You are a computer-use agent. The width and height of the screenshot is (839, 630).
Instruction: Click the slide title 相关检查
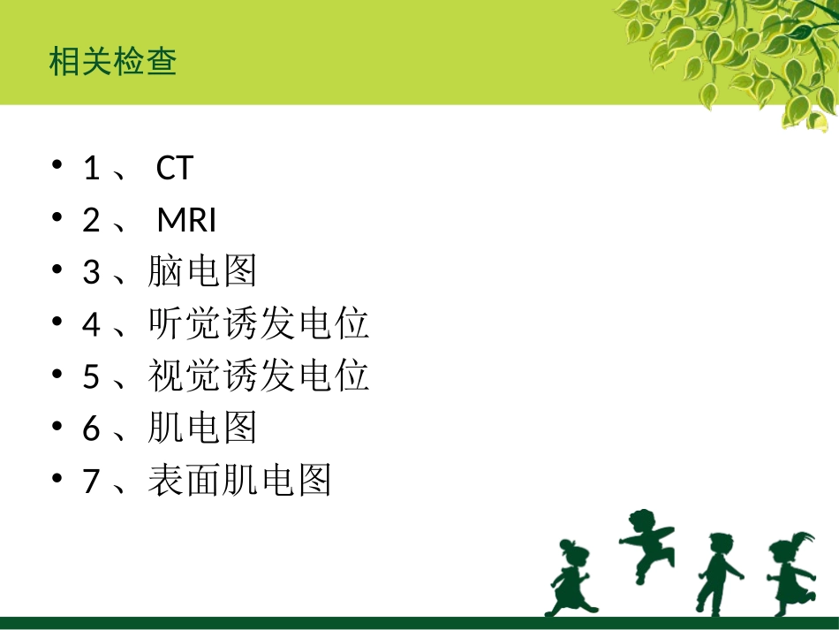pyautogui.click(x=113, y=63)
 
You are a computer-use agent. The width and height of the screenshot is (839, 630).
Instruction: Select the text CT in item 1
pyautogui.click(x=174, y=168)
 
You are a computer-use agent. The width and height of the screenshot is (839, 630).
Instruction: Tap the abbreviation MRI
pyautogui.click(x=186, y=220)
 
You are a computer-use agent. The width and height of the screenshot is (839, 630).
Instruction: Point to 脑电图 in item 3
pyautogui.click(x=202, y=272)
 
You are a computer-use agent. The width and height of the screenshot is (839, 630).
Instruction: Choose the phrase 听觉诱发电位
pyautogui.click(x=258, y=324)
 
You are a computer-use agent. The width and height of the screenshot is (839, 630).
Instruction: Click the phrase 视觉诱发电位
pyautogui.click(x=258, y=376)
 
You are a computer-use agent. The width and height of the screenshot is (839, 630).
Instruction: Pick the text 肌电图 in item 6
pyautogui.click(x=202, y=429)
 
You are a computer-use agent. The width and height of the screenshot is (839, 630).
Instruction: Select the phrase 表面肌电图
pyautogui.click(x=239, y=481)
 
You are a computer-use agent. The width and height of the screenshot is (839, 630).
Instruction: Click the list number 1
pyautogui.click(x=91, y=168)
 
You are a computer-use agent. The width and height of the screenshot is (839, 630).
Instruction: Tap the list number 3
pyautogui.click(x=91, y=272)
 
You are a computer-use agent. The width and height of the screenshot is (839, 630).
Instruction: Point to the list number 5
pyautogui.click(x=91, y=376)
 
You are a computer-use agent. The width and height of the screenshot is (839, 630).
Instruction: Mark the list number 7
pyautogui.click(x=91, y=481)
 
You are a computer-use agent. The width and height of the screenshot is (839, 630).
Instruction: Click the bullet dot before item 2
pyautogui.click(x=57, y=218)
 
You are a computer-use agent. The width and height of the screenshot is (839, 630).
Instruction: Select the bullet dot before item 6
pyautogui.click(x=57, y=427)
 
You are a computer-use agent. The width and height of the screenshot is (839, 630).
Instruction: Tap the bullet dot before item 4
pyautogui.click(x=57, y=323)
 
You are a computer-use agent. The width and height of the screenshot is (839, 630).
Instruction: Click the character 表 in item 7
pyautogui.click(x=165, y=481)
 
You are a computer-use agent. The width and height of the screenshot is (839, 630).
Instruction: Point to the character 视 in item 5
pyautogui.click(x=165, y=376)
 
